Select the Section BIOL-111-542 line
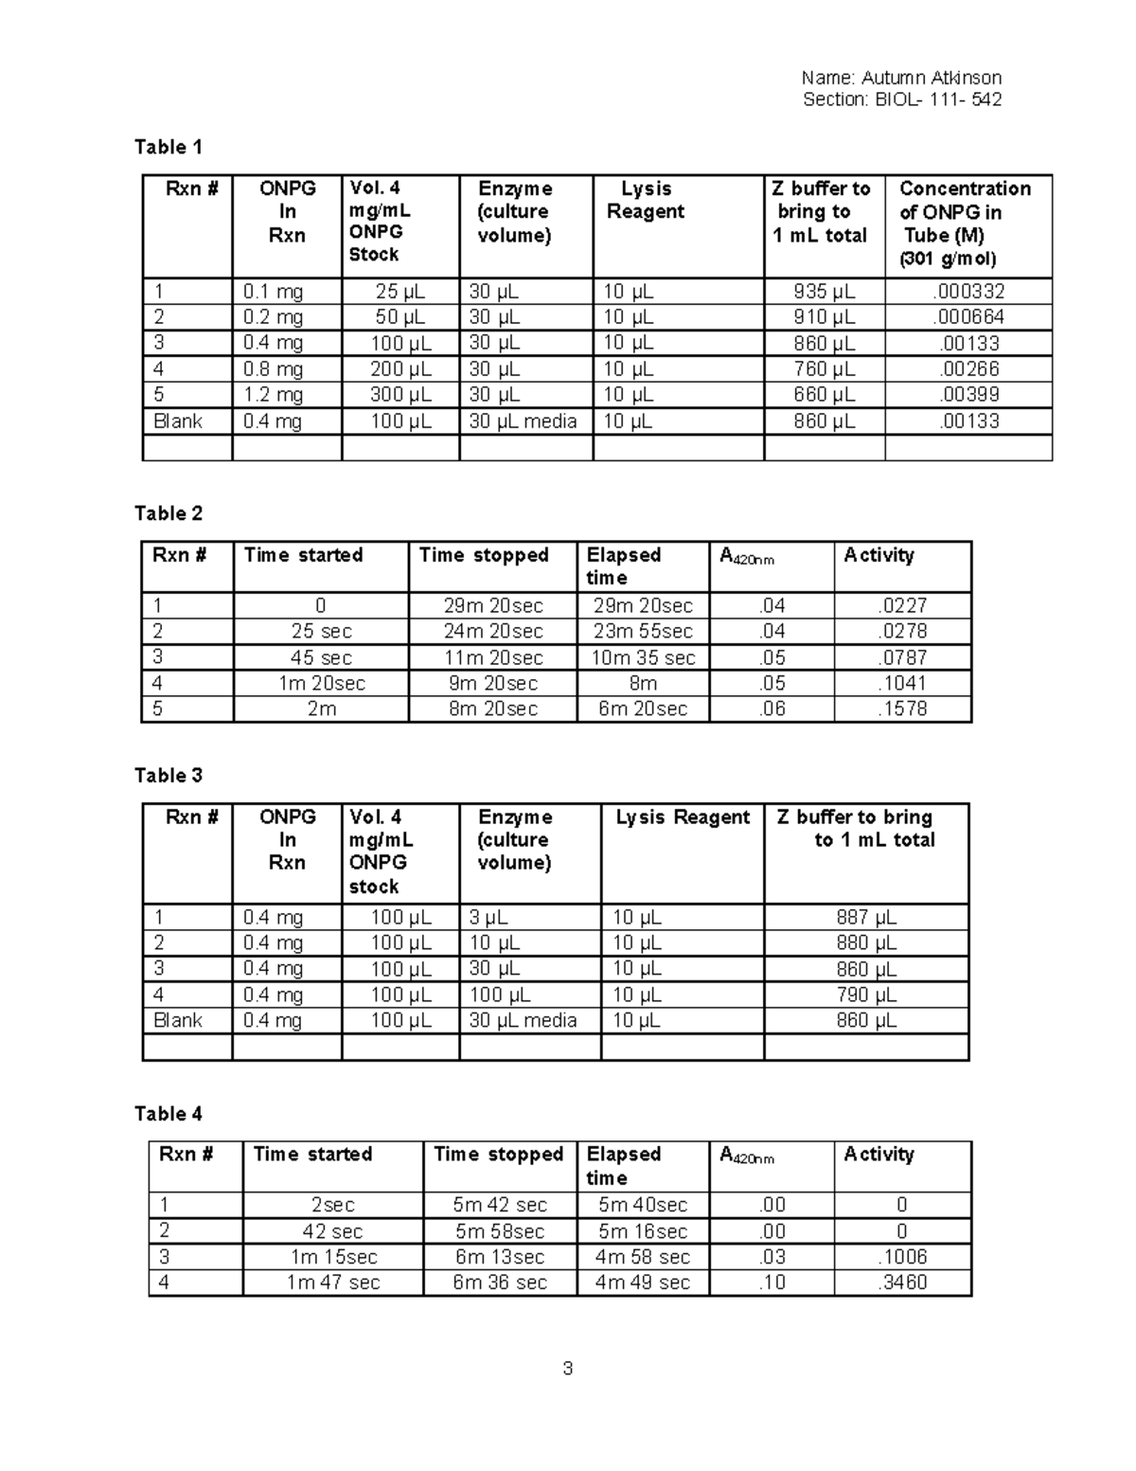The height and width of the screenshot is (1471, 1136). [x=901, y=99]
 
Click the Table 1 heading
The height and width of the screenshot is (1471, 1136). [x=169, y=147]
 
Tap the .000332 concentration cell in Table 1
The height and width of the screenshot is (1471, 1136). [x=968, y=292]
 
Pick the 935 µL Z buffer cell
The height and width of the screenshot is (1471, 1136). [x=824, y=292]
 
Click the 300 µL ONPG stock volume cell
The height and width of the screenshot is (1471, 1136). [x=400, y=395]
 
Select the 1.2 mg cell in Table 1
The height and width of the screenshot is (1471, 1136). [x=273, y=395]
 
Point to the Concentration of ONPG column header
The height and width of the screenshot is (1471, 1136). [x=965, y=224]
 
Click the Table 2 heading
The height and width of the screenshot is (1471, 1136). [x=169, y=513]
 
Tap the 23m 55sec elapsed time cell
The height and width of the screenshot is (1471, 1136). [x=643, y=632]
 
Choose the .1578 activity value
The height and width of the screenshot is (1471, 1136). [x=902, y=709]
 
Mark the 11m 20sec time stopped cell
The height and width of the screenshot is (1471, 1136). [x=492, y=658]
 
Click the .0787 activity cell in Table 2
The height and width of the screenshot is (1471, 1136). [x=902, y=658]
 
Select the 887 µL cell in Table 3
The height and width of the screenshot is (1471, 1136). [x=865, y=918]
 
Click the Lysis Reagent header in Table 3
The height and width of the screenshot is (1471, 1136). [x=683, y=817]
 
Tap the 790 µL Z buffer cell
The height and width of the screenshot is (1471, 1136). [x=865, y=996]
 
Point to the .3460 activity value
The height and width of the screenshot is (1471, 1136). [x=902, y=1283]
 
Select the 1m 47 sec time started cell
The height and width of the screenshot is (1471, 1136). [x=333, y=1283]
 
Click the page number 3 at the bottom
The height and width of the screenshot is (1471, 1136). [x=567, y=1369]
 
